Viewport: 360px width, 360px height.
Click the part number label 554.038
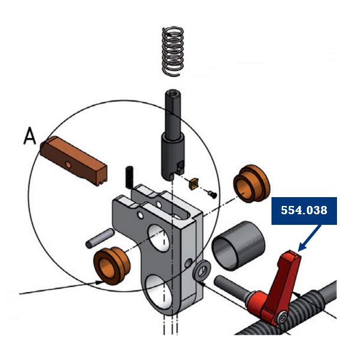304,211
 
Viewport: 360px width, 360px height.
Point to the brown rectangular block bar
74,160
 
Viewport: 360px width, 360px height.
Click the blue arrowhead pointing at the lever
300,248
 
